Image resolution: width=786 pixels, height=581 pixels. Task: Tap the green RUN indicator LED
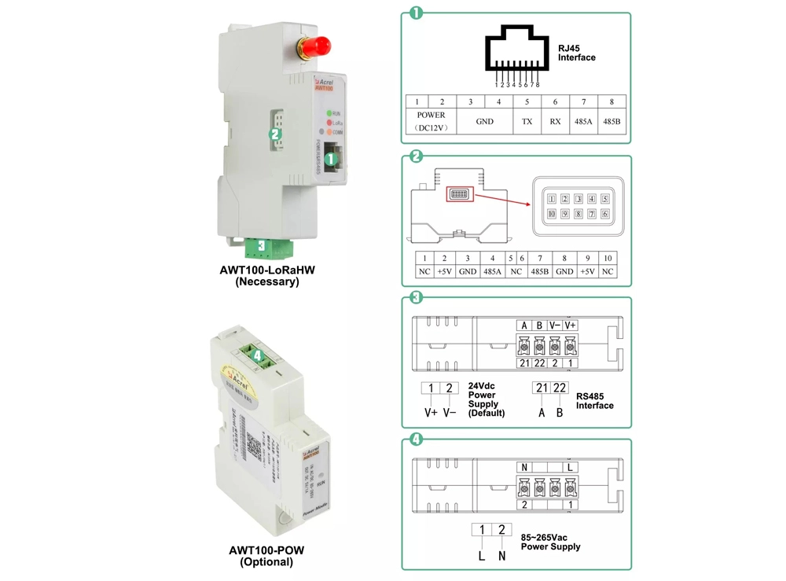click(329, 114)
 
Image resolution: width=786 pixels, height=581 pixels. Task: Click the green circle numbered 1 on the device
click(330, 158)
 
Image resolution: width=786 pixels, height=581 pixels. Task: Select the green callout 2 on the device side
click(275, 134)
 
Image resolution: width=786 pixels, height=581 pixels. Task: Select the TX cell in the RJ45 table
click(527, 122)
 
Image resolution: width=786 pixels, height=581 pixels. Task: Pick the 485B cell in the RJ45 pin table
click(612, 122)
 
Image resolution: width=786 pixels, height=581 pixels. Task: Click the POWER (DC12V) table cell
click(431, 121)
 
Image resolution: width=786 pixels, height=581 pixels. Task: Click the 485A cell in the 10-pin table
click(493, 271)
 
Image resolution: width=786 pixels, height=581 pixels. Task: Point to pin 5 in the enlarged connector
click(605, 199)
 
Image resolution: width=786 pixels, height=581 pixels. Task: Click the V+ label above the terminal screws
click(571, 325)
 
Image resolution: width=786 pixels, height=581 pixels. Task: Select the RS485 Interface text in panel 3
click(595, 401)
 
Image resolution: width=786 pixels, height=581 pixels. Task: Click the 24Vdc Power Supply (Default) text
click(487, 399)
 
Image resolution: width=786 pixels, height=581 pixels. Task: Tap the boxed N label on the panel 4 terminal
click(524, 467)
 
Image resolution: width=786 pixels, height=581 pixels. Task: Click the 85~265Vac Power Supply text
click(550, 542)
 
